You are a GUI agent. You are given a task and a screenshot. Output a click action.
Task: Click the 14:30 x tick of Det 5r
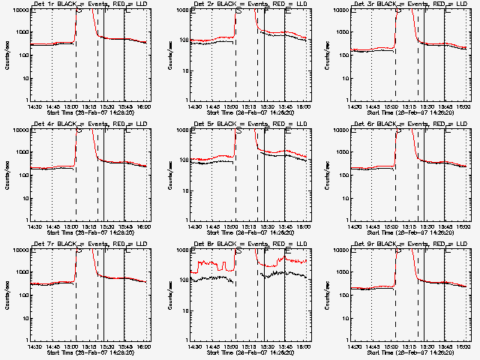(x=192, y=226)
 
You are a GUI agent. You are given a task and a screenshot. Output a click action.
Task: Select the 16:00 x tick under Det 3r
(x=462, y=106)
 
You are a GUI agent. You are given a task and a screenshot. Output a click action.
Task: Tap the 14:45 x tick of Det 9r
(x=370, y=346)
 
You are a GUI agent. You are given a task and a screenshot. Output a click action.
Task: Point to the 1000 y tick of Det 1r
(x=22, y=32)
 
